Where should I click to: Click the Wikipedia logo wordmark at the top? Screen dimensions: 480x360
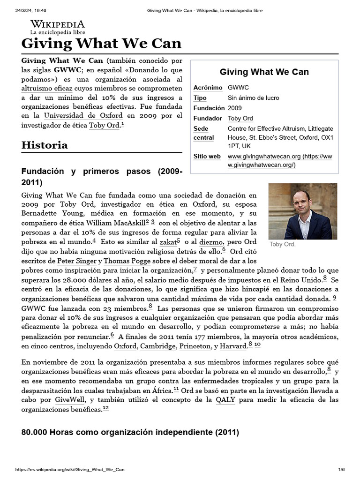(x=58, y=24)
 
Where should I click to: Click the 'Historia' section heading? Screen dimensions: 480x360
(x=45, y=145)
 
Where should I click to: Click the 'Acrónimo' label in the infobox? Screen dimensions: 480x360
(x=208, y=88)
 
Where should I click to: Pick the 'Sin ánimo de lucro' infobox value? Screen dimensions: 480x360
(x=253, y=98)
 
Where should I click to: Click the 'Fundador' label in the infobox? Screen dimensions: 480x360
(x=207, y=118)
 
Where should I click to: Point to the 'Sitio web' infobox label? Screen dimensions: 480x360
(x=207, y=157)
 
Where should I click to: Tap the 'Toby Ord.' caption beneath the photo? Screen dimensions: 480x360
(x=282, y=244)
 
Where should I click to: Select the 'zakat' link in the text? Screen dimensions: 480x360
(x=167, y=242)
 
